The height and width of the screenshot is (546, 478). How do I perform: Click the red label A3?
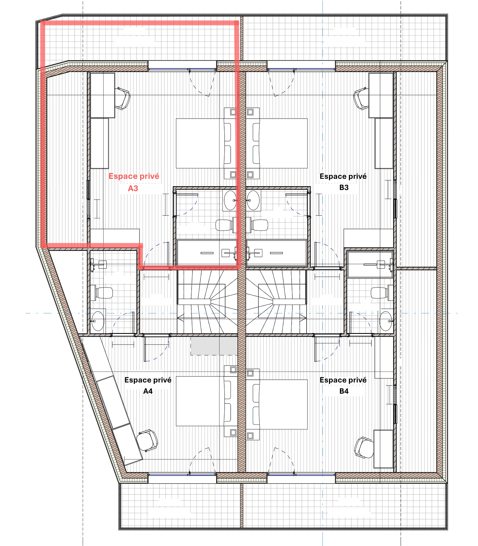133,188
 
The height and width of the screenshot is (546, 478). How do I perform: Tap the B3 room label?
344,188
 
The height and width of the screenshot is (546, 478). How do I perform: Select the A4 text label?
148,391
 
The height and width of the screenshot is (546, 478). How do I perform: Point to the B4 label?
344,391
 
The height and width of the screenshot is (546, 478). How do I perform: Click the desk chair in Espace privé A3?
123,98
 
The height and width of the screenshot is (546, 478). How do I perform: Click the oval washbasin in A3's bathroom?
230,200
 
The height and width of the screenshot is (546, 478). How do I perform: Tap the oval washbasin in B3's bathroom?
253,200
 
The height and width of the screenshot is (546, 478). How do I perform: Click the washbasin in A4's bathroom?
98,321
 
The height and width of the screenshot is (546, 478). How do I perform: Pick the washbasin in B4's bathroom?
386,321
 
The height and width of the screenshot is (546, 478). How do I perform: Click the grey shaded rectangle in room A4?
214,346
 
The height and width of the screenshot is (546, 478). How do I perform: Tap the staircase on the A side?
207,302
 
